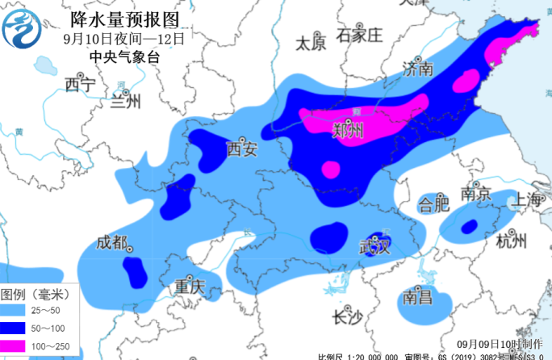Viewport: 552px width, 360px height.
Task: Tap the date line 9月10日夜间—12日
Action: click(x=124, y=38)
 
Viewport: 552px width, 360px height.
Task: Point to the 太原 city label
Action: click(x=310, y=43)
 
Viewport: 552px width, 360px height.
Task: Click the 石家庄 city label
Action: click(x=359, y=35)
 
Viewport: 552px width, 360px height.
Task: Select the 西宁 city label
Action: click(x=80, y=84)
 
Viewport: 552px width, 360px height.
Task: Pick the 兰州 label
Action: click(x=126, y=101)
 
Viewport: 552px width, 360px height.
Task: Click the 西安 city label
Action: click(x=241, y=149)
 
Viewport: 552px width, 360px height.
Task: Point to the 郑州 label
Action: click(x=349, y=130)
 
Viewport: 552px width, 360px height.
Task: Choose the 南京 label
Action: click(x=476, y=195)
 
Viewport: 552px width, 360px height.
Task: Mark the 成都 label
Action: click(x=112, y=242)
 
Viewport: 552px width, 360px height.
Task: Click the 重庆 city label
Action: click(x=190, y=287)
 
